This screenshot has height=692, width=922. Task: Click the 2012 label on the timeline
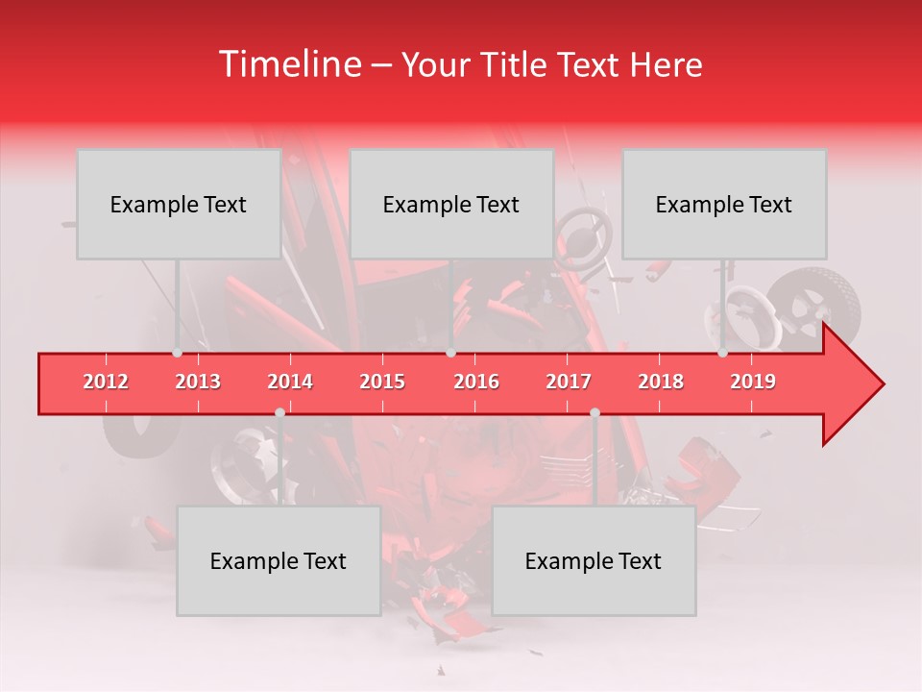click(106, 382)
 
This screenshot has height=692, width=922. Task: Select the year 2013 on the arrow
click(198, 382)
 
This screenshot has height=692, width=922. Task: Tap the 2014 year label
click(290, 382)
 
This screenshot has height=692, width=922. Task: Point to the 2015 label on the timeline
click(382, 382)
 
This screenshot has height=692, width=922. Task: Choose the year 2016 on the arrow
click(476, 382)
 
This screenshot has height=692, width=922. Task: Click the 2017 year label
click(569, 382)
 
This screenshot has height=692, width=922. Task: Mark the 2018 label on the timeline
click(661, 382)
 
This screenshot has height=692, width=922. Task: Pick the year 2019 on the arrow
click(753, 382)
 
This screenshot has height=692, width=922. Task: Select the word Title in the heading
click(504, 64)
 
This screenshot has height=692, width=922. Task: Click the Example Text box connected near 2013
click(179, 204)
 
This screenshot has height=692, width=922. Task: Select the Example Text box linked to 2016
click(451, 204)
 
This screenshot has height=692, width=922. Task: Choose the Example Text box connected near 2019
click(724, 204)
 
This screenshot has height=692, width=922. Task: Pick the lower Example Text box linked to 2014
click(279, 560)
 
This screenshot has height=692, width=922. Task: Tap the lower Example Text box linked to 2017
click(594, 560)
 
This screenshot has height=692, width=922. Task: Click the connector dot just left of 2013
click(177, 353)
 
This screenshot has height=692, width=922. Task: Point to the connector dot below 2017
click(594, 412)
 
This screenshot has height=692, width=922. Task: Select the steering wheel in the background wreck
click(583, 233)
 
